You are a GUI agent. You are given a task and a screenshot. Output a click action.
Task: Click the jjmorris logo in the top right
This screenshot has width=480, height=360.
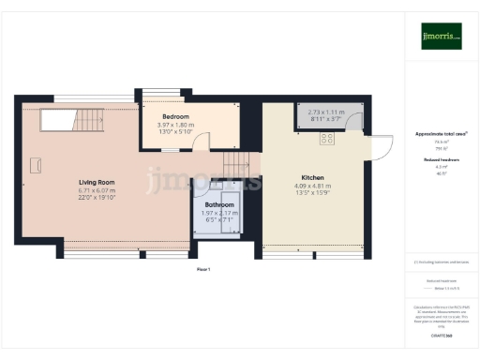[x=441, y=37]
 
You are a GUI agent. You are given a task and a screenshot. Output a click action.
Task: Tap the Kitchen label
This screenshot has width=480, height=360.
[x=313, y=177]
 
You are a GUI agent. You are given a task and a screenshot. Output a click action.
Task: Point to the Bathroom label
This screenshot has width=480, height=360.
[x=220, y=203]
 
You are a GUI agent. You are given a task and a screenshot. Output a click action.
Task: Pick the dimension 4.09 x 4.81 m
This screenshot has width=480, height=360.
[x=313, y=187]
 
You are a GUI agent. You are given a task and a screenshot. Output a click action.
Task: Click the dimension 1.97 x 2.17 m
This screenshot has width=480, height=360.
[x=220, y=213]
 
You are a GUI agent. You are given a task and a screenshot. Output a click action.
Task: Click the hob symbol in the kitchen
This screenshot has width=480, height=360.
[x=327, y=138]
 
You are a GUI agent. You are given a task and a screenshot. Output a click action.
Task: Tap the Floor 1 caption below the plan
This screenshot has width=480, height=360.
[x=203, y=269]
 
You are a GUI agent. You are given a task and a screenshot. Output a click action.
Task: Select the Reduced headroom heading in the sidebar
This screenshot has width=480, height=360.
[x=441, y=160]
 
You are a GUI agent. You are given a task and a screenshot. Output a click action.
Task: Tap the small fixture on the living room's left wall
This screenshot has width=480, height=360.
[x=36, y=165]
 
